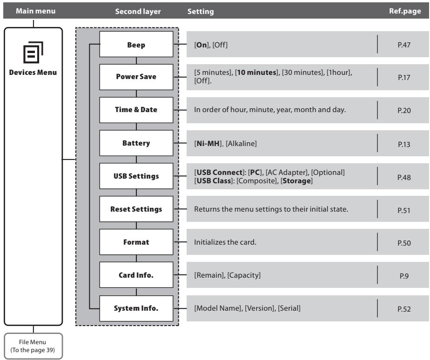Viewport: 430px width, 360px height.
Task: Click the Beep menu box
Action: coord(136,44)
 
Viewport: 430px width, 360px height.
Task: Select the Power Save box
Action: coord(136,77)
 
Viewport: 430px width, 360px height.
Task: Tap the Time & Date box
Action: coord(136,110)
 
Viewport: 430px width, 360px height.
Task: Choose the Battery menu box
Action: coord(136,143)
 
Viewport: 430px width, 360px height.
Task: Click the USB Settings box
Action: coord(136,176)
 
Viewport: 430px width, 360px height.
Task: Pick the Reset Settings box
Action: coord(136,209)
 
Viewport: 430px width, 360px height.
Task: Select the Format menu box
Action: coord(136,242)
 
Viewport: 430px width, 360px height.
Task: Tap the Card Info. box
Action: coord(136,275)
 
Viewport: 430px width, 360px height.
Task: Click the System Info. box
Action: coord(136,308)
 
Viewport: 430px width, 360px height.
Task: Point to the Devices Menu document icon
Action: coord(33,52)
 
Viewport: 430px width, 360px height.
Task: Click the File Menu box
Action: coord(33,346)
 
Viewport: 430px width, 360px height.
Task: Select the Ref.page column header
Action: coord(405,11)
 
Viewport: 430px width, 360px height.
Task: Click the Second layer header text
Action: coord(138,11)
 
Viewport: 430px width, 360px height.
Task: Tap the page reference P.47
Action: coord(404,45)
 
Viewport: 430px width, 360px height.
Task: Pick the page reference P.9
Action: coord(404,276)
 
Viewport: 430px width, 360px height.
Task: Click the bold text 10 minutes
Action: coord(257,73)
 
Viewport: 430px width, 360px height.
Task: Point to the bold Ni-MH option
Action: coord(208,143)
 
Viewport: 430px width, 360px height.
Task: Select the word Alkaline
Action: coord(241,143)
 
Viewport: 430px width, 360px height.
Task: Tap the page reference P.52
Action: coord(404,309)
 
